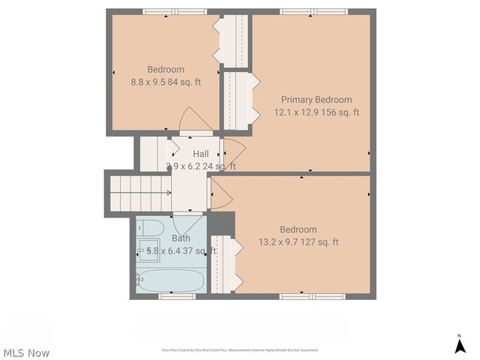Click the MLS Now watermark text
pyautogui.click(x=26, y=352)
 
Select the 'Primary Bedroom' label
pyautogui.click(x=316, y=100)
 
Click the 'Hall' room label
pyautogui.click(x=200, y=154)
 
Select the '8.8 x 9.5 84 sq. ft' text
pyautogui.click(x=166, y=82)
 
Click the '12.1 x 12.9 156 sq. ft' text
pyautogui.click(x=316, y=112)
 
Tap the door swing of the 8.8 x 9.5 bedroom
pyautogui.click(x=193, y=120)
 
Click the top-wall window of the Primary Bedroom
pyautogui.click(x=313, y=11)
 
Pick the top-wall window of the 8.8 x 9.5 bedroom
pyautogui.click(x=175, y=11)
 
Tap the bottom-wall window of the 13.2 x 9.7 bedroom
pyautogui.click(x=312, y=296)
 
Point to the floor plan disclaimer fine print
pyautogui.click(x=239, y=350)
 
